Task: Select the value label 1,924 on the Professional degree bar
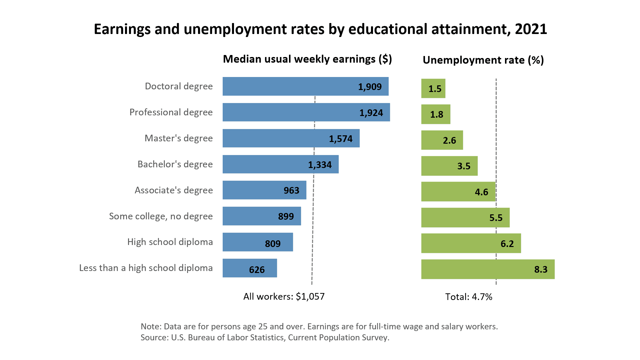tap(371, 113)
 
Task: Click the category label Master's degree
tap(179, 138)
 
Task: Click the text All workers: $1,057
tap(284, 296)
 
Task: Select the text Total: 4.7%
tap(469, 297)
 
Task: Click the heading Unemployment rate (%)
tap(483, 60)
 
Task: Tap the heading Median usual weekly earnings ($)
tap(307, 59)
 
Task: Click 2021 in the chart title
tap(531, 29)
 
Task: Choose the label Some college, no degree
tap(161, 216)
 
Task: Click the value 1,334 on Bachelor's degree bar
tap(320, 165)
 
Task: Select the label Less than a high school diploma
tap(146, 268)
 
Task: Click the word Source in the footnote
tap(154, 337)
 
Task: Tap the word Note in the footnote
tap(151, 326)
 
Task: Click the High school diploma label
tap(170, 242)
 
